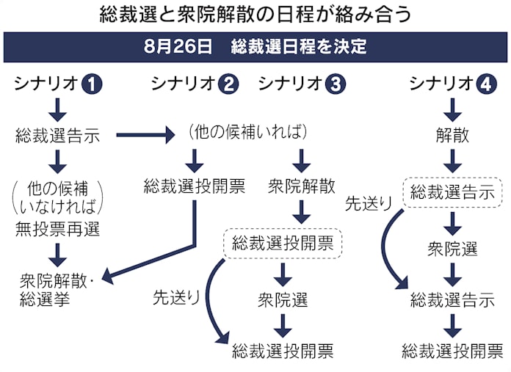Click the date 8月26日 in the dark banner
[170, 48]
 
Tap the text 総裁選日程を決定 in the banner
[298, 48]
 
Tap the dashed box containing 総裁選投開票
[283, 242]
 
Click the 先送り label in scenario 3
[176, 297]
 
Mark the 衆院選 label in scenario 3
[283, 299]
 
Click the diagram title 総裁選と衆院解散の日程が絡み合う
[255, 15]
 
